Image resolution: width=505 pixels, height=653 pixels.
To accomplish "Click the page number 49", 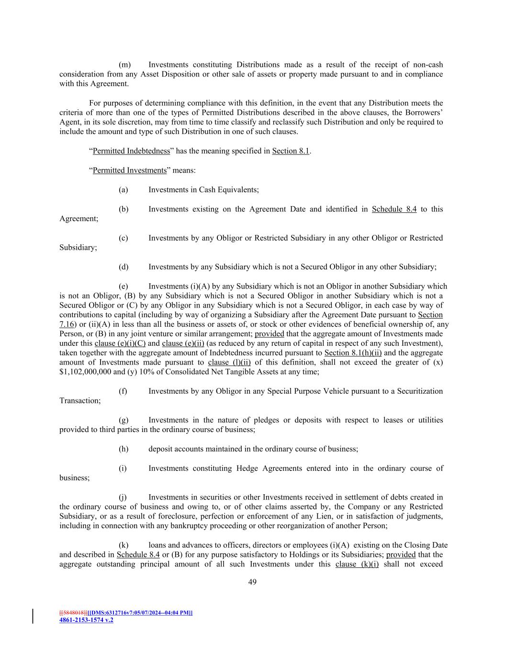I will click(x=252, y=582).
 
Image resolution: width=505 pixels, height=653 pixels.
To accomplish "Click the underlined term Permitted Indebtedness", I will click(x=131, y=151).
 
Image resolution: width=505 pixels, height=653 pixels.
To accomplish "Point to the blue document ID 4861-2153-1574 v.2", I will click(x=86, y=620).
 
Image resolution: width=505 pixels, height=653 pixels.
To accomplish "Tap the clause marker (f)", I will click(x=123, y=391).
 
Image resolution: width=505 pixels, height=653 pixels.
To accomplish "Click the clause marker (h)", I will click(x=123, y=449).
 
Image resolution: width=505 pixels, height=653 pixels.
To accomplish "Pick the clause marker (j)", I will click(x=123, y=498).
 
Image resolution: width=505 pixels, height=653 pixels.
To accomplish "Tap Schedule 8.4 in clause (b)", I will click(x=394, y=209).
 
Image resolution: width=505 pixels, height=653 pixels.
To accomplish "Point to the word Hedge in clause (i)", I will click(x=247, y=468).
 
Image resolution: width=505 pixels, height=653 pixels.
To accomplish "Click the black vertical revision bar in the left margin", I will click(x=33, y=616).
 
